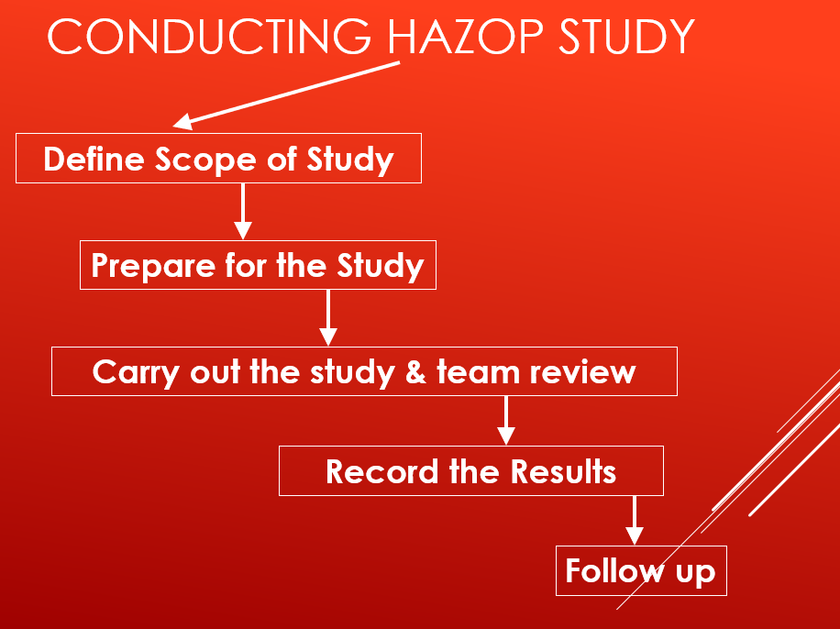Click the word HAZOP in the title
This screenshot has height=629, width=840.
pos(465,37)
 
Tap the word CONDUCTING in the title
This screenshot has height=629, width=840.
pos(209,37)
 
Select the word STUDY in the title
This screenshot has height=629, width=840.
pos(626,37)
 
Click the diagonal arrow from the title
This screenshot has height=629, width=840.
pos(286,95)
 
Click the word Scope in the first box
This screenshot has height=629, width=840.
pos(205,160)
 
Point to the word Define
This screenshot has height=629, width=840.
pos(94,160)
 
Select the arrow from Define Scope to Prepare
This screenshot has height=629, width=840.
pos(243,212)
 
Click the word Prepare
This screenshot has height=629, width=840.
pos(153,266)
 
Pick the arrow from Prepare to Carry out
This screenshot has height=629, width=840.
pos(328,318)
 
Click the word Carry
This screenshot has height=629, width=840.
pos(136,372)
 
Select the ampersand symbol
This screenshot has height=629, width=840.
pos(415,372)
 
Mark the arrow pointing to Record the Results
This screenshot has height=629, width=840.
pos(505,421)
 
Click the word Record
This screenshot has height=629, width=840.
pos(382,472)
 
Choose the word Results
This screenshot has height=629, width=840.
pos(563,472)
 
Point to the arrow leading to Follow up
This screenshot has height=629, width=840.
pos(635,520)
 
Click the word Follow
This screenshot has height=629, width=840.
pos(614,571)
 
